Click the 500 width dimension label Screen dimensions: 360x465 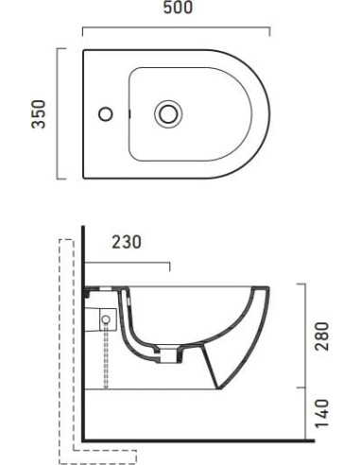coord(178,8)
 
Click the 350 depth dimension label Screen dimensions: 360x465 coord(39,114)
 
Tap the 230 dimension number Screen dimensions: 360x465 coord(127,242)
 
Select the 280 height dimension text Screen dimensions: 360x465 coord(321,336)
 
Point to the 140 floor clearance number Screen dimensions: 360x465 coord(321,414)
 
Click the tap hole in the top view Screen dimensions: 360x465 coord(106,113)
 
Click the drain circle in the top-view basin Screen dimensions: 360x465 coord(168,113)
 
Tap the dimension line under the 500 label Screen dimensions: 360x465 coord(176,28)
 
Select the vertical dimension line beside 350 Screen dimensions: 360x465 coord(58,113)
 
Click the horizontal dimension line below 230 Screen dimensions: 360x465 coord(128,262)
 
